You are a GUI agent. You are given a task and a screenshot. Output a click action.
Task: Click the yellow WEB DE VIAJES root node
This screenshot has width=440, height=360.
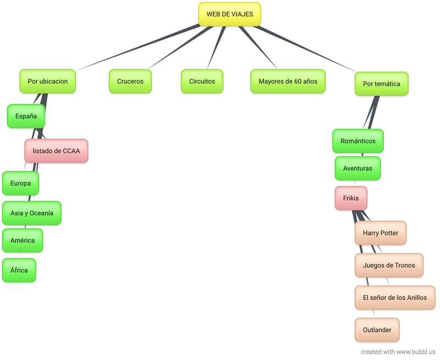229,14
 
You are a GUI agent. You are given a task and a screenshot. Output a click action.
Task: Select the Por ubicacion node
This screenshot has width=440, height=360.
47,81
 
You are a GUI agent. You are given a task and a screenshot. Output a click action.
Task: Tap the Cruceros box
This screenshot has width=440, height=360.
130,81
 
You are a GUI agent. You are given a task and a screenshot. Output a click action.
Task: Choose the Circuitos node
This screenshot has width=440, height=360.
202,81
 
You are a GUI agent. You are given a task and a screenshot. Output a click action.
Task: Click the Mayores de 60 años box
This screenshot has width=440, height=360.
288,81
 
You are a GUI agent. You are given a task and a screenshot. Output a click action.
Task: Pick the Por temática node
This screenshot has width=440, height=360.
381,84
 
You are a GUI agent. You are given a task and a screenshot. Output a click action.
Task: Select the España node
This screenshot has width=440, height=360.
26,116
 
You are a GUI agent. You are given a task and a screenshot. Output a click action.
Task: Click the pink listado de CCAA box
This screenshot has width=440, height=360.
56,150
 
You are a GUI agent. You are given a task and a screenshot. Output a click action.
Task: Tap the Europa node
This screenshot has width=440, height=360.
20,183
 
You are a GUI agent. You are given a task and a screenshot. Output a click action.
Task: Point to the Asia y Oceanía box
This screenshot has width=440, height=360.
31,213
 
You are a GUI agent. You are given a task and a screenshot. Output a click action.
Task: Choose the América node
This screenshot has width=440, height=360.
22,241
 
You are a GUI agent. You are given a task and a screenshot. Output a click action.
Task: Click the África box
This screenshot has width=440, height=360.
19,270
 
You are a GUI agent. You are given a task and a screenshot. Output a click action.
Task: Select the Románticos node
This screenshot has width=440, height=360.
358,141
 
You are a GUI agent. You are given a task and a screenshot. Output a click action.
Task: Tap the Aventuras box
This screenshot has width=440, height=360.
357,168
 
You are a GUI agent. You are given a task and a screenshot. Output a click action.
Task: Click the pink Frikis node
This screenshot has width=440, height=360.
350,198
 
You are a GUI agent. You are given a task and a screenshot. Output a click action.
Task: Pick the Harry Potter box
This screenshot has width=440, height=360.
380,233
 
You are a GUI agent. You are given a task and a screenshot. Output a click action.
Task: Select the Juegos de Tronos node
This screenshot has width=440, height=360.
388,265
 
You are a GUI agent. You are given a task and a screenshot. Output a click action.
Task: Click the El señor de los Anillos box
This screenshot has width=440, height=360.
394,298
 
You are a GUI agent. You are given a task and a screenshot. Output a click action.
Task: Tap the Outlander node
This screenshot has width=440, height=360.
377,330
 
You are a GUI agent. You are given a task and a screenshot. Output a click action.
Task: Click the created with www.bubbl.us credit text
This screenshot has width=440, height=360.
398,351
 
